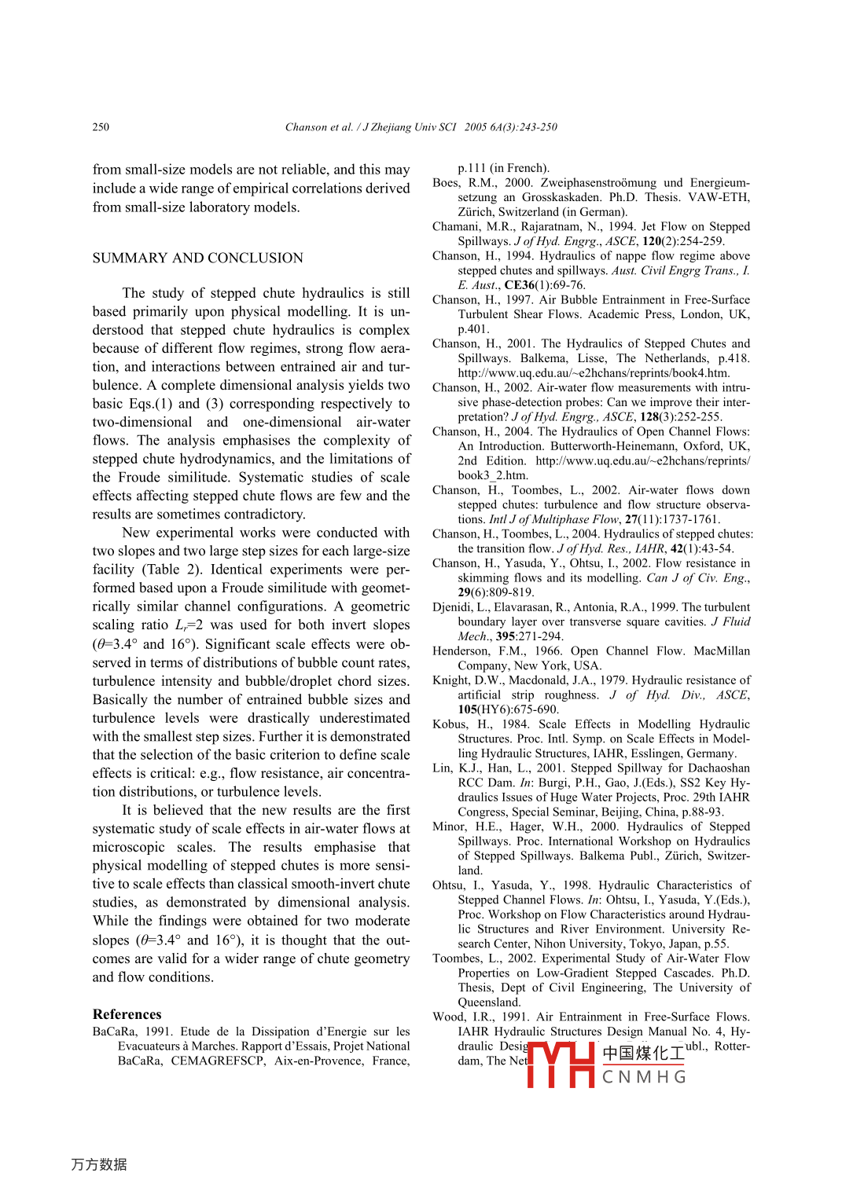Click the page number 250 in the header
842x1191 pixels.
click(x=101, y=127)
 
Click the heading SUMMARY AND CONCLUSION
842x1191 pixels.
click(x=197, y=258)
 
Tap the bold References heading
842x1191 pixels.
click(x=127, y=1014)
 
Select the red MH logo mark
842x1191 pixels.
click(x=561, y=1064)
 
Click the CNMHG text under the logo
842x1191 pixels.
click(x=644, y=1077)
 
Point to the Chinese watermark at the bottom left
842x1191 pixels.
click(x=99, y=1164)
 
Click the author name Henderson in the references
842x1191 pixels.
click(x=461, y=651)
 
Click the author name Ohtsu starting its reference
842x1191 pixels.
click(x=448, y=885)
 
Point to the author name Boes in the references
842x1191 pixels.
click(x=445, y=183)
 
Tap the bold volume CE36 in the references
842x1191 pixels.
click(x=520, y=285)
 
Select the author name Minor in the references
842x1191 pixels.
click(x=449, y=826)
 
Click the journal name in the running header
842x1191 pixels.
click(x=409, y=127)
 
